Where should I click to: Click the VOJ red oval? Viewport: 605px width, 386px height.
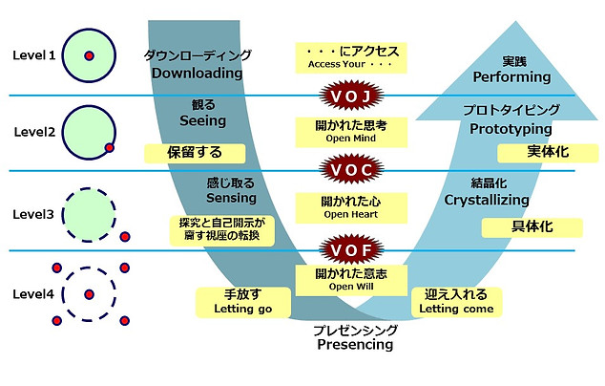click(352, 96)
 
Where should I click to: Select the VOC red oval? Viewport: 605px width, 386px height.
click(352, 171)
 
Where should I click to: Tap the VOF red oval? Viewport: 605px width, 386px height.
click(352, 251)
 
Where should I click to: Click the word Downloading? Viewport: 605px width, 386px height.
click(197, 73)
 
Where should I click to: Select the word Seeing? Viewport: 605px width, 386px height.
click(202, 121)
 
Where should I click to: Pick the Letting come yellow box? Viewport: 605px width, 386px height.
click(456, 302)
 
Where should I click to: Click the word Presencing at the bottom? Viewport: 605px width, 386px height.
click(354, 345)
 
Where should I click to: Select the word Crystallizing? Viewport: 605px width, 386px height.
click(486, 200)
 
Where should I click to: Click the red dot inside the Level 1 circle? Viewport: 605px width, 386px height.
click(89, 56)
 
